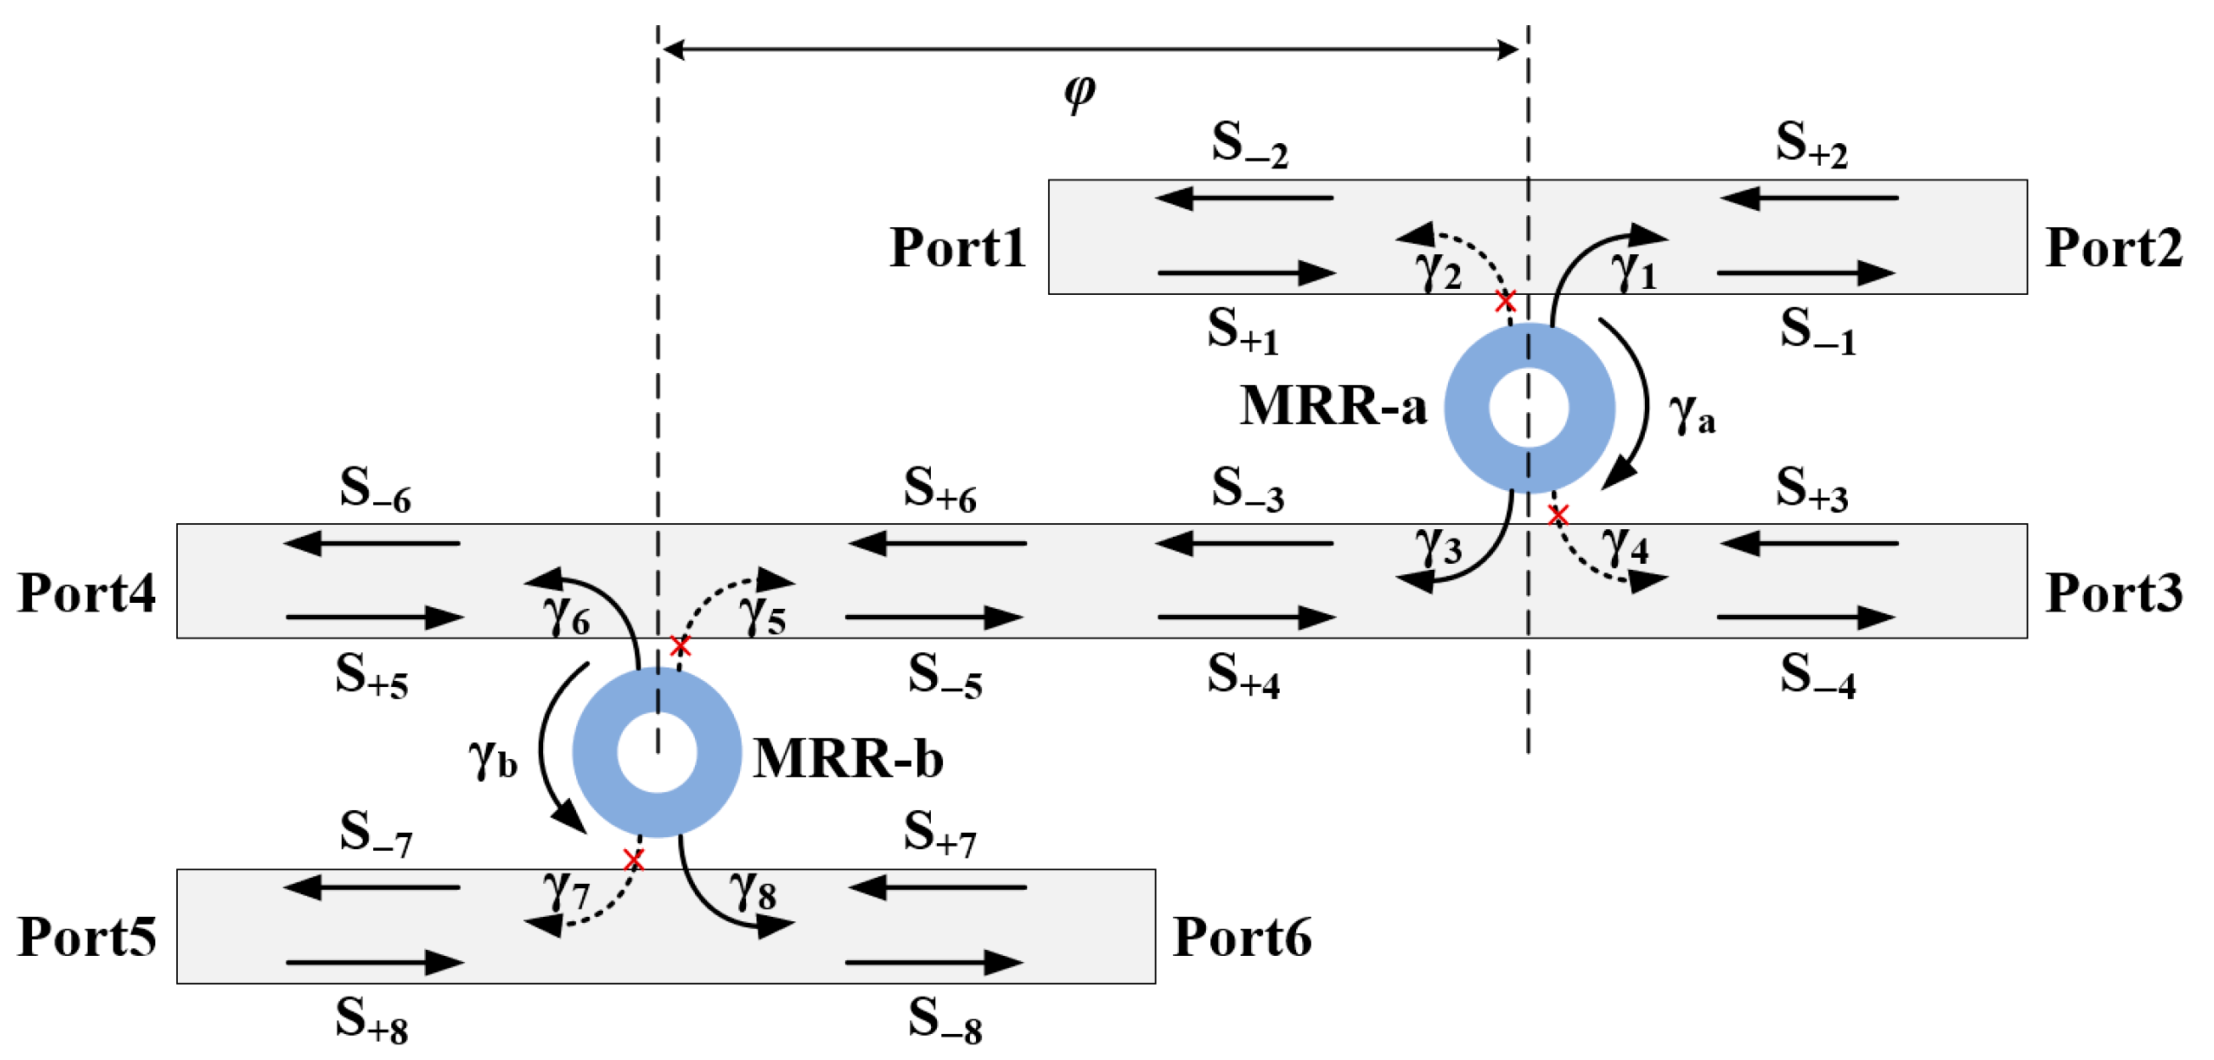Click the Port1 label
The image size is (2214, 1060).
(x=956, y=248)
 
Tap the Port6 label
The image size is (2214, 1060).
(x=1241, y=938)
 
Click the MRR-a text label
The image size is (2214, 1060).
(x=1333, y=406)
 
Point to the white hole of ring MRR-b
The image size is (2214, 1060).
(x=657, y=753)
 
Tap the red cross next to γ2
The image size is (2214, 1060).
(x=1505, y=301)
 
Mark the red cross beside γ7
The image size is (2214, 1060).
(x=633, y=860)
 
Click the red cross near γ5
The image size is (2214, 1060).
(x=680, y=645)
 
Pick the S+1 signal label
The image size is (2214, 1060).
(x=1241, y=330)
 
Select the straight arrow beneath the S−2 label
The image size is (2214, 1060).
(x=1243, y=199)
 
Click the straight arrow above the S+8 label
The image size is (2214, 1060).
(x=374, y=962)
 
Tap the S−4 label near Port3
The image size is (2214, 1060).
(x=1817, y=676)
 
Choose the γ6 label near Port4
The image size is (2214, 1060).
(x=566, y=616)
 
